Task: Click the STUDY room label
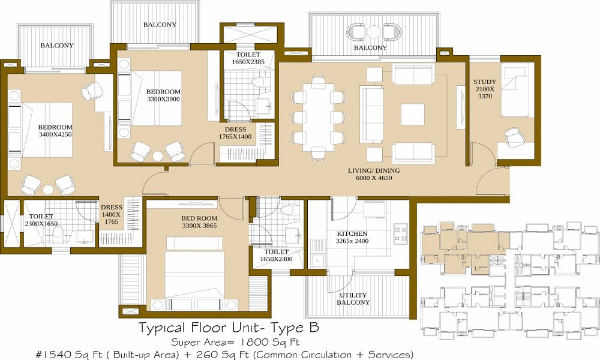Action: [484, 82]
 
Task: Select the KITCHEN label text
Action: [352, 233]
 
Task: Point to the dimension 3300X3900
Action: [163, 100]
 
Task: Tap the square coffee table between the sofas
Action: [412, 114]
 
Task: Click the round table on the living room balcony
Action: [374, 32]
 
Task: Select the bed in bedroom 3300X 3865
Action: [194, 270]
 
